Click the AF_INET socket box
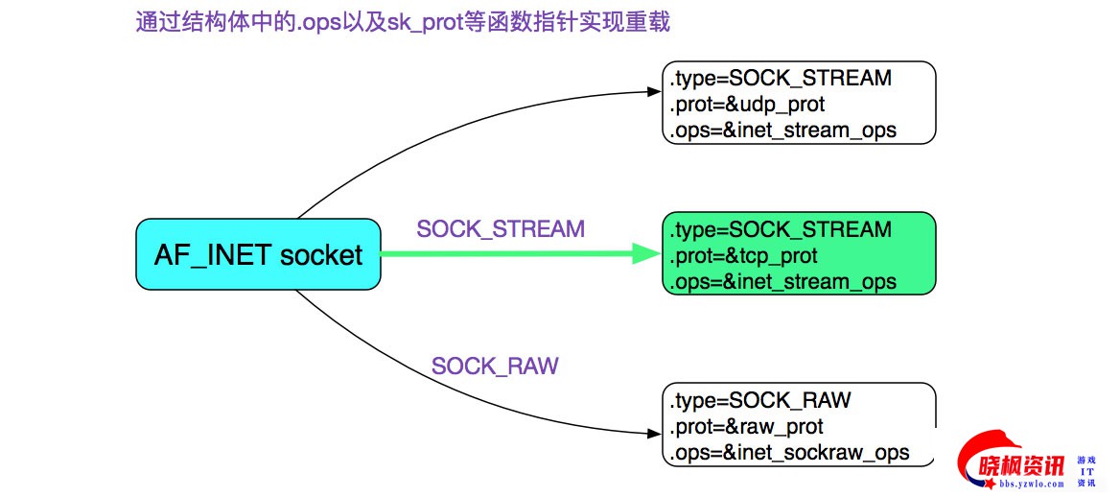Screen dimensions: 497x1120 point(257,254)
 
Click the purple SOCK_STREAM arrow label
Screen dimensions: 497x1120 point(500,229)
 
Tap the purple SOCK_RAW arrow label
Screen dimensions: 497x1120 point(495,366)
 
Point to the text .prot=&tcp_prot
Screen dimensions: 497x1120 point(742,256)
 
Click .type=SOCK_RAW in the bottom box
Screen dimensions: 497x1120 point(760,400)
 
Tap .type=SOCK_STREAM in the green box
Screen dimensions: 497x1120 point(781,230)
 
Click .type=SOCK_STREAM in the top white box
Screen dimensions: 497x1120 point(781,78)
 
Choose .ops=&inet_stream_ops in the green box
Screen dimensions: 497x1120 point(782,282)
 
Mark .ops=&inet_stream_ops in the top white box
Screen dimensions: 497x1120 point(782,130)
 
